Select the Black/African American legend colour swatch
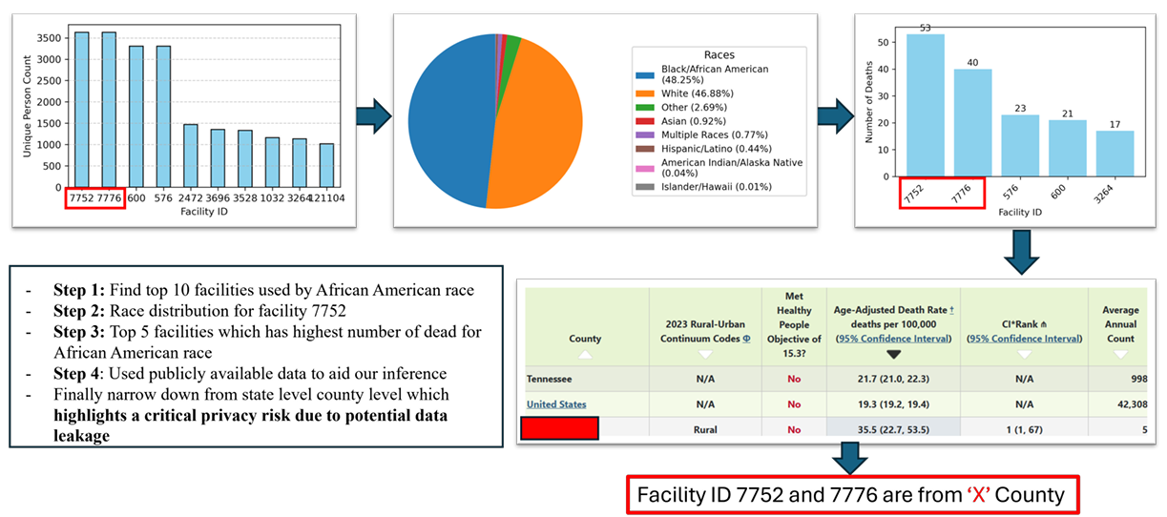(x=646, y=70)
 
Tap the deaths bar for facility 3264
(x=1115, y=154)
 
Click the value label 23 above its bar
(x=1019, y=108)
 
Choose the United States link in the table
(x=558, y=404)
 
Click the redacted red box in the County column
(x=559, y=429)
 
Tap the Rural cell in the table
(x=705, y=430)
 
